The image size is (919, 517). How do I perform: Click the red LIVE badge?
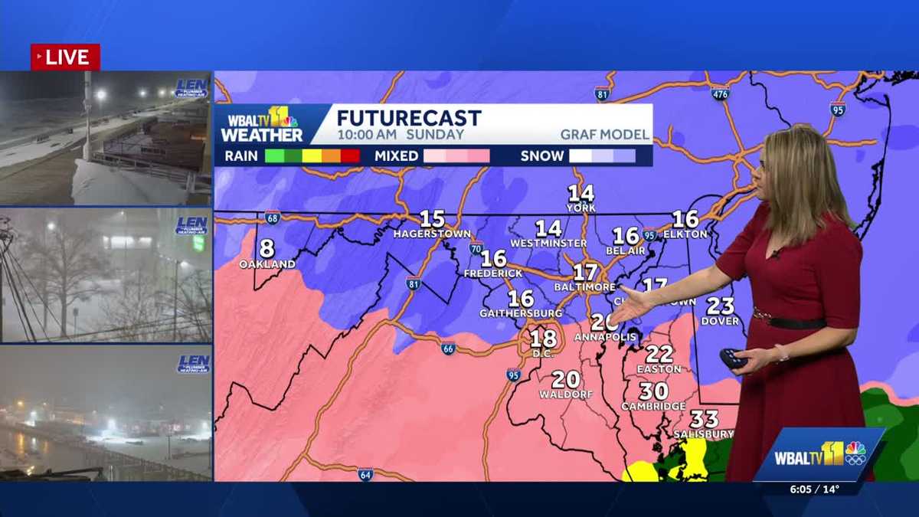pyautogui.click(x=65, y=57)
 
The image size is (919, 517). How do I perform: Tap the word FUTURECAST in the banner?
pyautogui.click(x=409, y=118)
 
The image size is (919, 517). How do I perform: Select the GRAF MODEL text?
pyautogui.click(x=604, y=135)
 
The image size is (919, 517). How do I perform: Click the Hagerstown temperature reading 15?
pyautogui.click(x=432, y=219)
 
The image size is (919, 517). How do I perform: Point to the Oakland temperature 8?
pyautogui.click(x=267, y=249)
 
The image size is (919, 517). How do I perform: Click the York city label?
pyautogui.click(x=581, y=208)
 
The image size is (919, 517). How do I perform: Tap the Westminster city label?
pyautogui.click(x=548, y=243)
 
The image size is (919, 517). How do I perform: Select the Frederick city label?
pyautogui.click(x=493, y=273)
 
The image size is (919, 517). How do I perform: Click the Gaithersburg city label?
pyautogui.click(x=521, y=313)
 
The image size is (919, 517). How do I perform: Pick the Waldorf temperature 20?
pyautogui.click(x=565, y=379)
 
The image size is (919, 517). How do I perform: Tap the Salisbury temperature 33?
pyautogui.click(x=704, y=419)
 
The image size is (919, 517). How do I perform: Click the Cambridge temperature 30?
pyautogui.click(x=654, y=391)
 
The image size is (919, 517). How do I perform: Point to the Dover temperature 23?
pyautogui.click(x=720, y=306)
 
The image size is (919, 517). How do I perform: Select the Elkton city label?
pyautogui.click(x=685, y=234)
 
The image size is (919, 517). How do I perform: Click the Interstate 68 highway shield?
pyautogui.click(x=272, y=218)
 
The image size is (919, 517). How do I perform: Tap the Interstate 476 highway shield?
pyautogui.click(x=719, y=93)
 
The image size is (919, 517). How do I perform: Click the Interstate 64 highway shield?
pyautogui.click(x=366, y=474)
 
